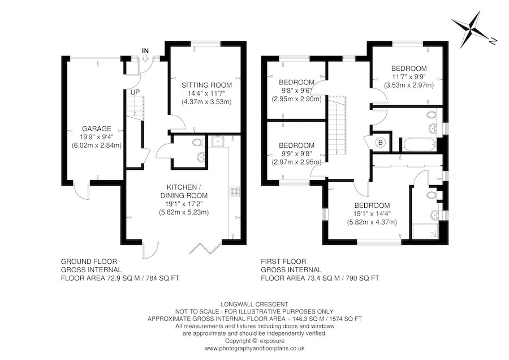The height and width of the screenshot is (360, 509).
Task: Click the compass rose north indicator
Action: pos(472,30)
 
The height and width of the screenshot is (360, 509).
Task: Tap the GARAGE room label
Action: pos(96,128)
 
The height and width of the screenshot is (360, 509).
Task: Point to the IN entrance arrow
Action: pos(145,54)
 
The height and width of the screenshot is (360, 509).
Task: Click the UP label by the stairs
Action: pos(135,92)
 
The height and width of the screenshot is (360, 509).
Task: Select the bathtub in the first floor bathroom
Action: pos(418,144)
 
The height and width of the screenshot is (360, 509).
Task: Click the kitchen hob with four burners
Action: pos(234,192)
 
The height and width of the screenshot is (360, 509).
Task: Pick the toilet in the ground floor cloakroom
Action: pos(196,142)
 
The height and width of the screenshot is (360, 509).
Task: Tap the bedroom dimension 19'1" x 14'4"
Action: pos(372,213)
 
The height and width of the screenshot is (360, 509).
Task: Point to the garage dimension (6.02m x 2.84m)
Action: pos(96,145)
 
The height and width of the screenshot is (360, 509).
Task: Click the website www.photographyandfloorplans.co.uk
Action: pos(254,348)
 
